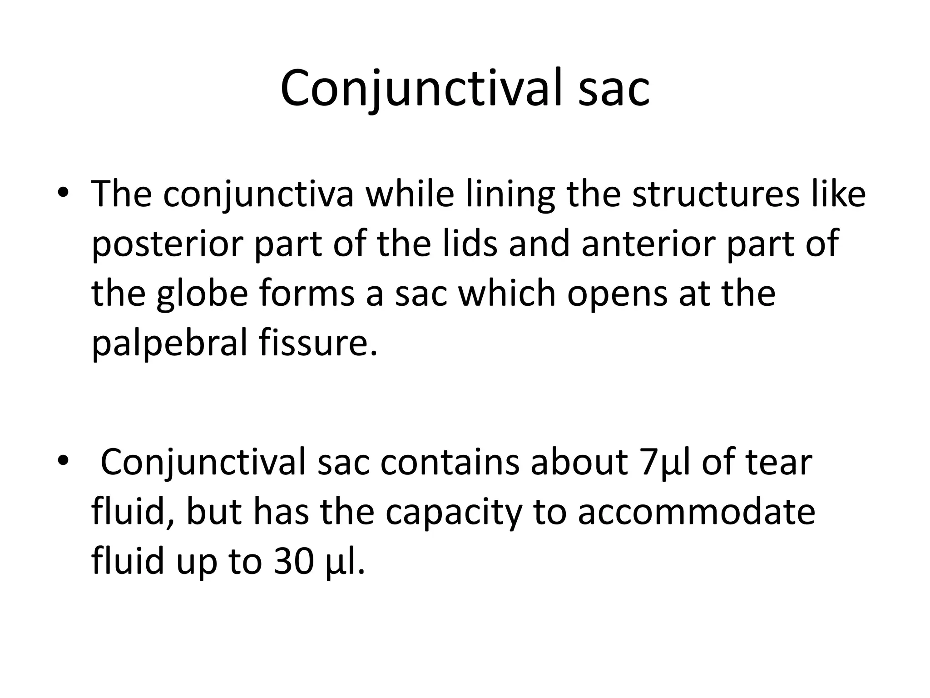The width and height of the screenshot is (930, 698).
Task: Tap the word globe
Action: pos(203,294)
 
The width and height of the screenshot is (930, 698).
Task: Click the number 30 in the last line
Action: pos(293,562)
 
